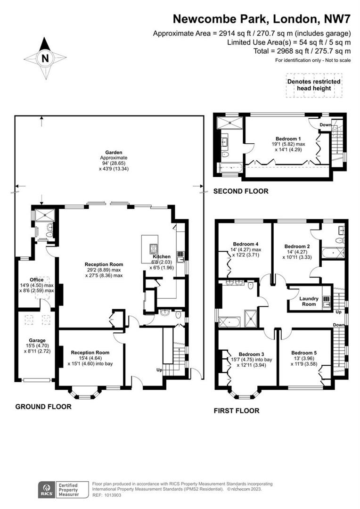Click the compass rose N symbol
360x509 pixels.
tap(45, 58)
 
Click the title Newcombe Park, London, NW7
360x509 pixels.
tap(262, 19)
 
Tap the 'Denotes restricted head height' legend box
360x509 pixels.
tap(314, 85)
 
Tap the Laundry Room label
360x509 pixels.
tap(309, 302)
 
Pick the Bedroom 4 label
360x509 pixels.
tap(244, 244)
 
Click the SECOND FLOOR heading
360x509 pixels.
tap(241, 191)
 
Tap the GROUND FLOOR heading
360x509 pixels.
tap(43, 406)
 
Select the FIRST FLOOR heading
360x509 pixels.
tap(237, 410)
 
